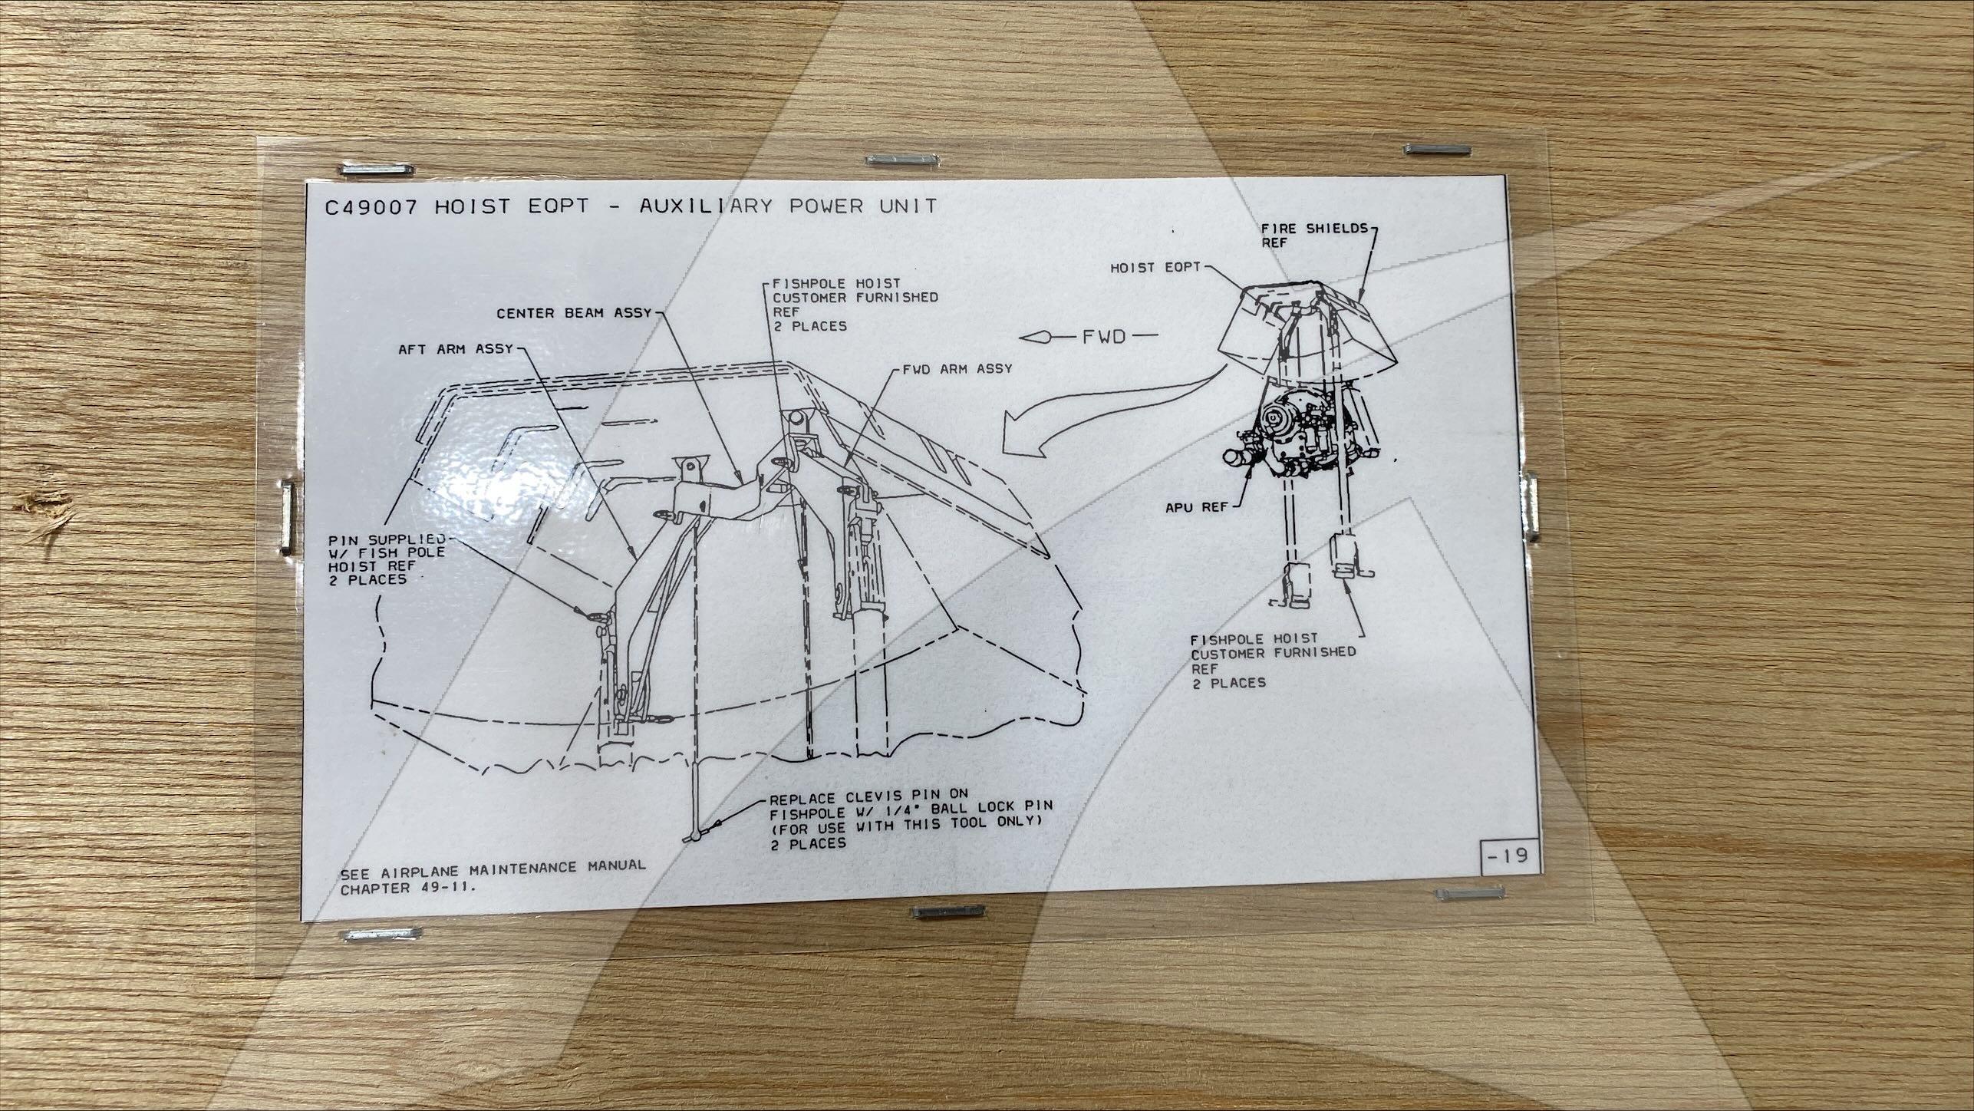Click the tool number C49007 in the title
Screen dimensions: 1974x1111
coord(371,207)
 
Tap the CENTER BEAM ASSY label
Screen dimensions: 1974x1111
coord(574,313)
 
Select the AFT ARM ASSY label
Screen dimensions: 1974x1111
coord(456,349)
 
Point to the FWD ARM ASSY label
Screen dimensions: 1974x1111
coord(956,369)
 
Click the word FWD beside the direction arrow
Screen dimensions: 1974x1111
coord(1104,336)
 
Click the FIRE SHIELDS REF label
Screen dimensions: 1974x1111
coord(1315,236)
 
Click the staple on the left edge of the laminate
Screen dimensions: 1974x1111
coord(286,515)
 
